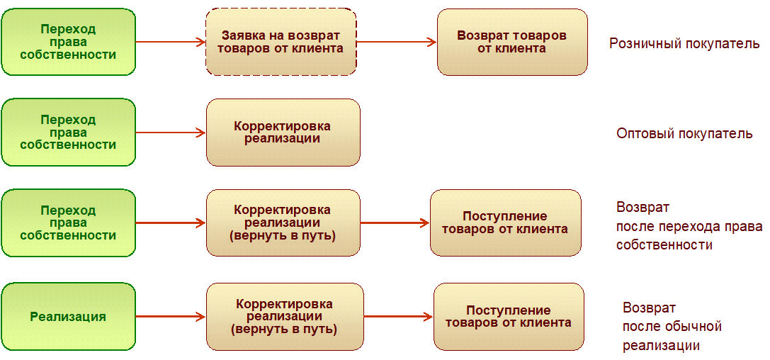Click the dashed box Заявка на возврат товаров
281,42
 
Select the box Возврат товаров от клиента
511,42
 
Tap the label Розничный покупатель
684,44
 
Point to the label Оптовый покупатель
684,133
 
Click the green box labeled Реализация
68,317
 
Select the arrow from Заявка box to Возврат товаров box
396,42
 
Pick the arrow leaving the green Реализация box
170,317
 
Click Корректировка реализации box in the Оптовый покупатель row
283,133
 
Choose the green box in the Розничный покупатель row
68,42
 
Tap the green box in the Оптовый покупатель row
68,133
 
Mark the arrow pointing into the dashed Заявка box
170,42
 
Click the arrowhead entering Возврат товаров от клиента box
431,42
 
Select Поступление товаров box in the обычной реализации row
509,317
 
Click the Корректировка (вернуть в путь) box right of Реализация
284,317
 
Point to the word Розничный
642,44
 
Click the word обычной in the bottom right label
693,327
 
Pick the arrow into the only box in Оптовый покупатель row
170,133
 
